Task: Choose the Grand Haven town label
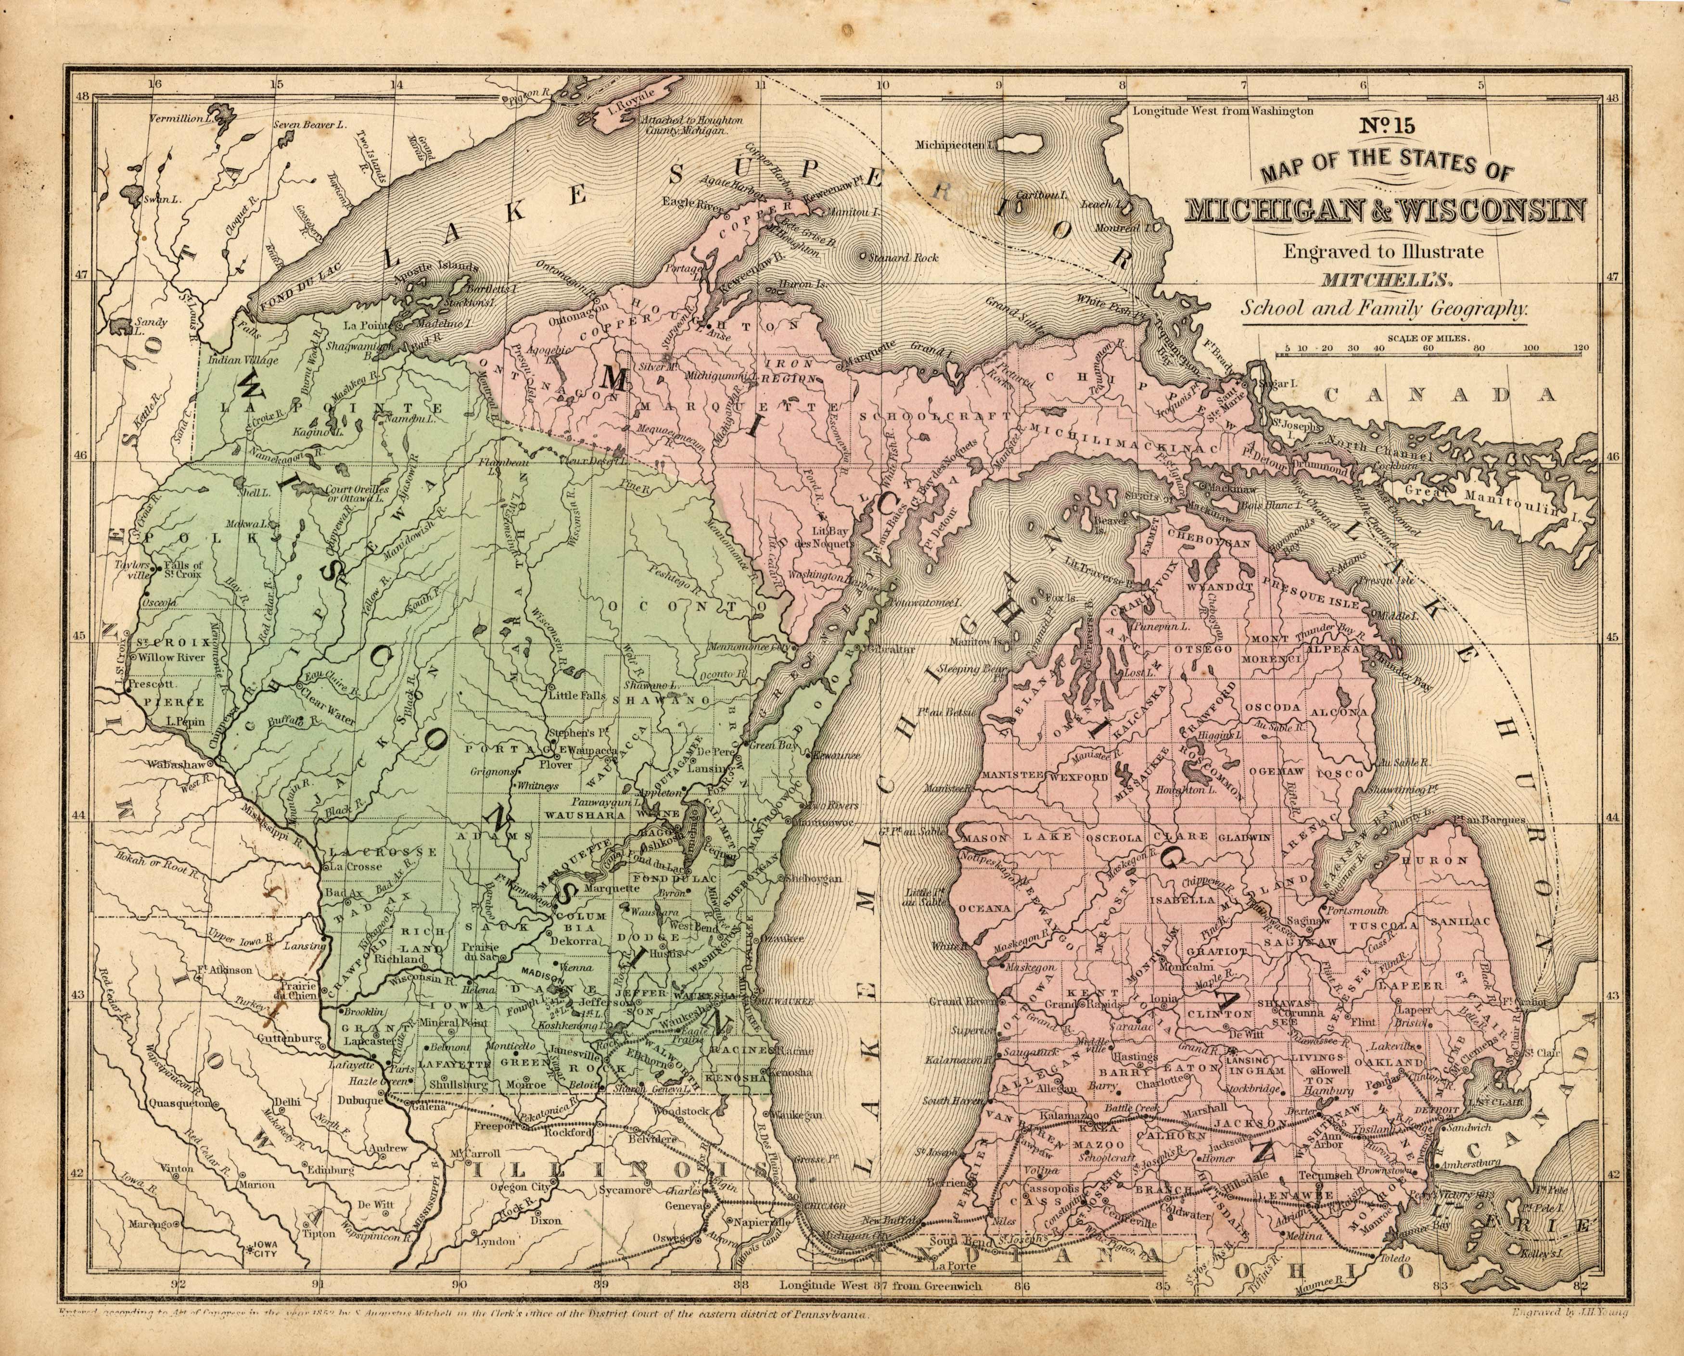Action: tap(959, 1001)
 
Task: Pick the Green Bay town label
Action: tap(771, 745)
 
